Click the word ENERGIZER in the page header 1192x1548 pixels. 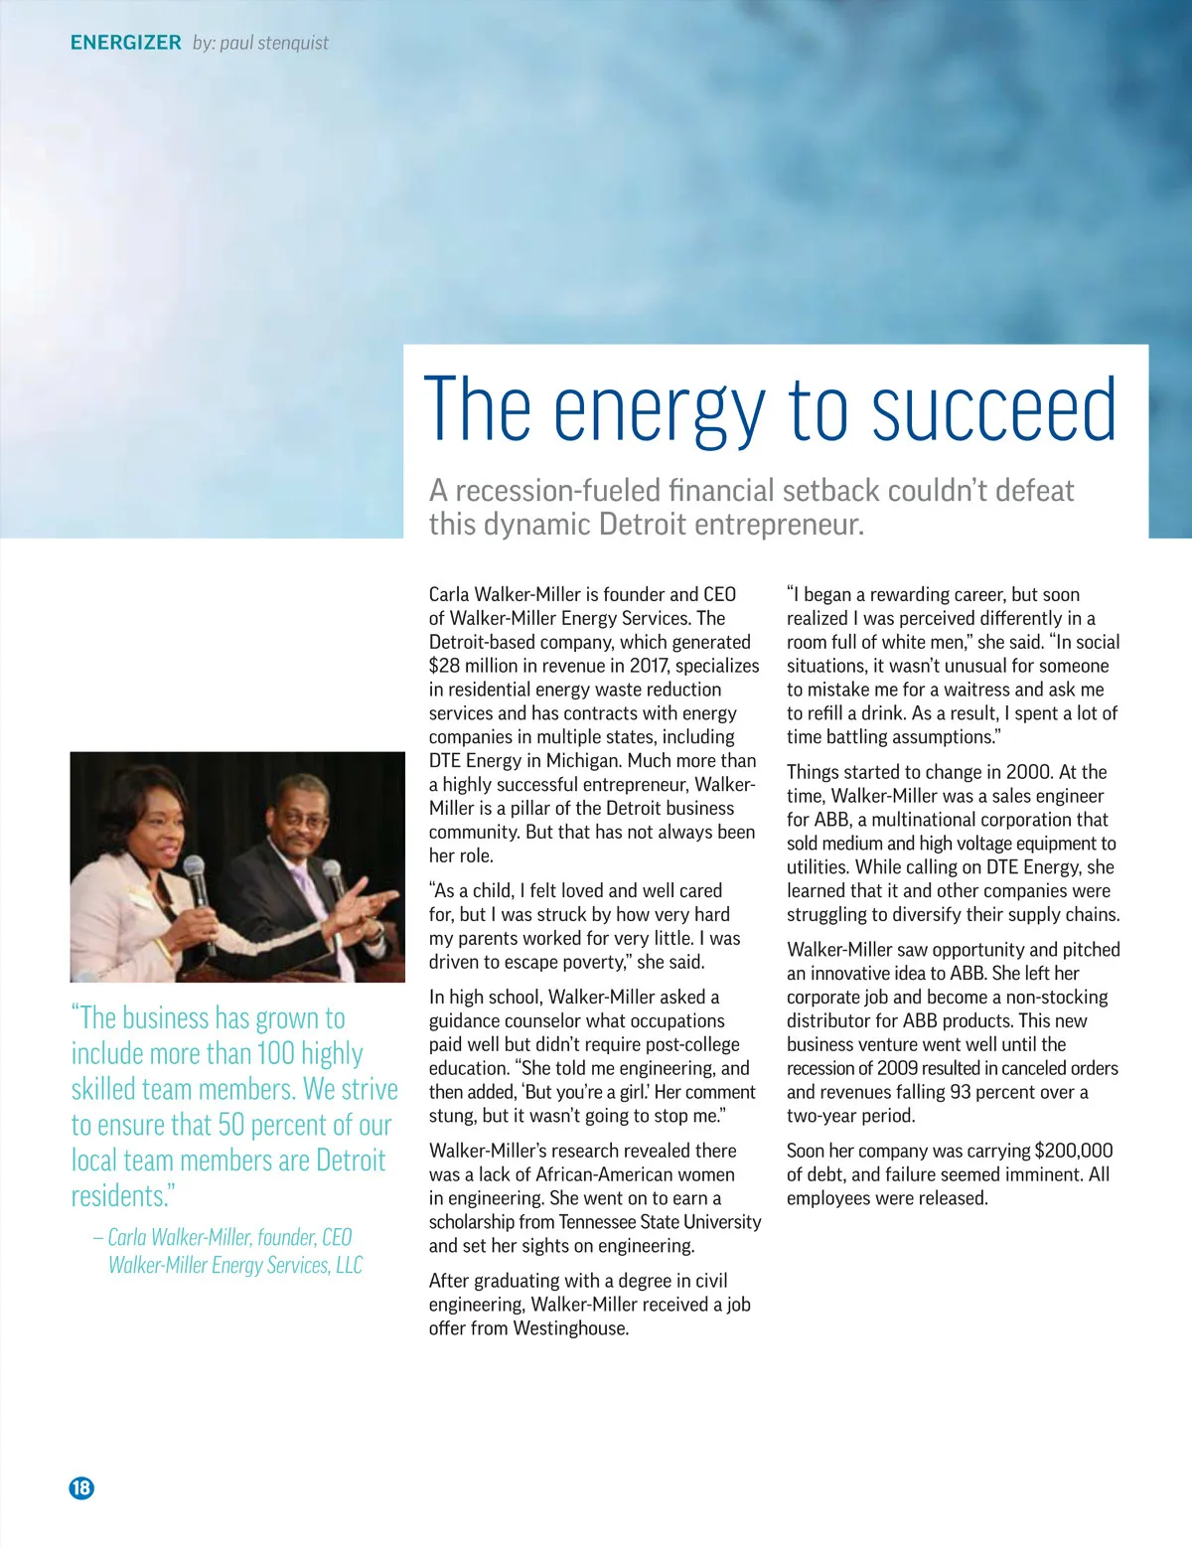(x=125, y=43)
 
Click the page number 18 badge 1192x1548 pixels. (x=81, y=1487)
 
